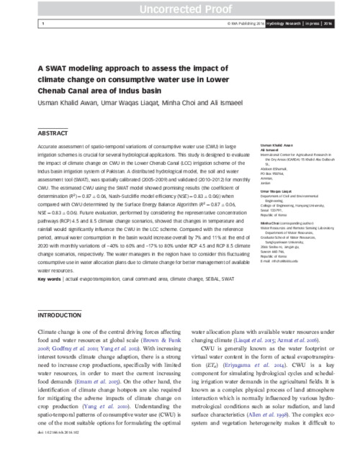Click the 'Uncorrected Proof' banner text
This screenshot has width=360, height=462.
tap(179, 8)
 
